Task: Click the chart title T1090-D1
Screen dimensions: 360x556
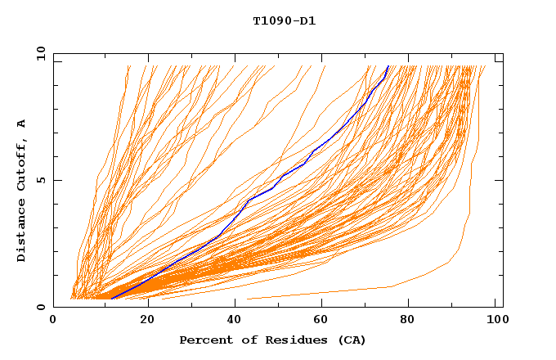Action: click(284, 20)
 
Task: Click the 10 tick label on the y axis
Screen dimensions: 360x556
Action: click(39, 53)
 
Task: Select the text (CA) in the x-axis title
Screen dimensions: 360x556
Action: click(350, 340)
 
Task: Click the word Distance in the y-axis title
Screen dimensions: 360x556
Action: click(21, 232)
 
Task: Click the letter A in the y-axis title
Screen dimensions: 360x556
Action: click(21, 123)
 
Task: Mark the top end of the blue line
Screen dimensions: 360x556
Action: click(388, 65)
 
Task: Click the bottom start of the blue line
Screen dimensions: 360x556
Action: click(110, 299)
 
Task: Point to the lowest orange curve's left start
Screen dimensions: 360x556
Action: click(247, 299)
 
